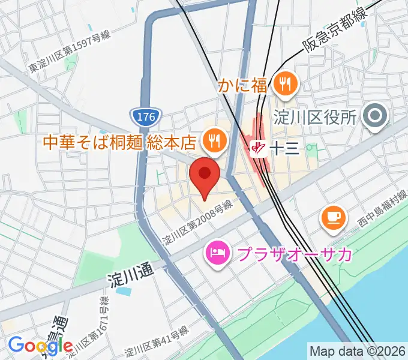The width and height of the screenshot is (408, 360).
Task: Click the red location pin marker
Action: (x=205, y=175)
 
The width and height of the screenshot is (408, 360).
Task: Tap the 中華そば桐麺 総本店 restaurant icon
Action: (x=213, y=142)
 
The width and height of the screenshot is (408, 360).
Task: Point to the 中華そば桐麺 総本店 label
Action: (x=120, y=142)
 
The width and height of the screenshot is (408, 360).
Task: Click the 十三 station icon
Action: (x=259, y=147)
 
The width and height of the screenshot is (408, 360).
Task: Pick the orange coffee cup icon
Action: (x=333, y=217)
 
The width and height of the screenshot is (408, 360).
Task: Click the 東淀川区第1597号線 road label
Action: (x=70, y=53)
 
